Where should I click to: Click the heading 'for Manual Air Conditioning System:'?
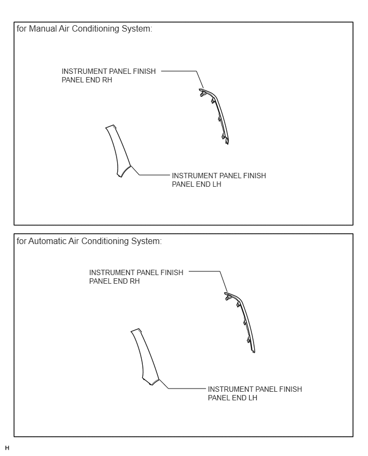coord(85,29)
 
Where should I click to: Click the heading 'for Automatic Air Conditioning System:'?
coord(89,241)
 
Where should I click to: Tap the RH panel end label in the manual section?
coord(109,75)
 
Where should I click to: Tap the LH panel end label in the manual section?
coord(219,180)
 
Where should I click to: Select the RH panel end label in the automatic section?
coord(136,277)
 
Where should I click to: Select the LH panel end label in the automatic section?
coord(255,393)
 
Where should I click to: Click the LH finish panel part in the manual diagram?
coord(118,151)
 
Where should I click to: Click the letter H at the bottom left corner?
coord(7,448)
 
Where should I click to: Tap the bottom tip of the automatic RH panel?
coord(254,352)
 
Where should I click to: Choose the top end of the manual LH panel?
coord(111,126)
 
